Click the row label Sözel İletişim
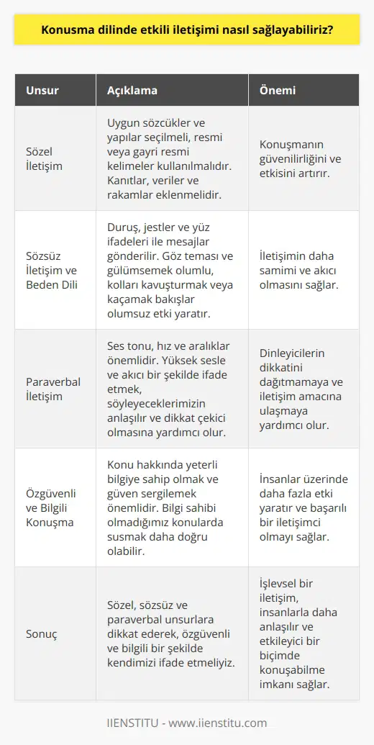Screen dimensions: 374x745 point(42,158)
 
